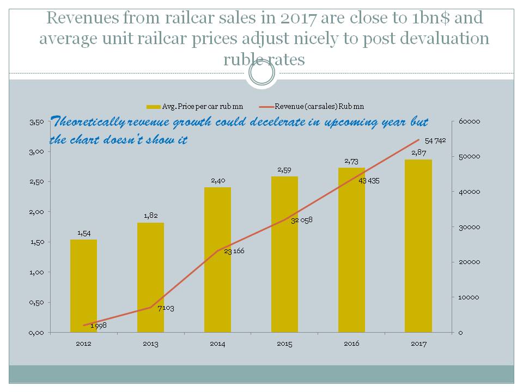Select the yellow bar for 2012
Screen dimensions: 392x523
pyautogui.click(x=83, y=286)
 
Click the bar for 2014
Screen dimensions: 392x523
pyautogui.click(x=217, y=260)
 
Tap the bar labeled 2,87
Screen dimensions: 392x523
pyautogui.click(x=418, y=246)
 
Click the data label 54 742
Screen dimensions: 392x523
pyautogui.click(x=435, y=140)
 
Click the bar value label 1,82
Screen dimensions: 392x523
pyautogui.click(x=150, y=216)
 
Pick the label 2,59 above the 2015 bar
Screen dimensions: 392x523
pyautogui.click(x=284, y=170)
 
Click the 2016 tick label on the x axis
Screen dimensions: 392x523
pyautogui.click(x=351, y=344)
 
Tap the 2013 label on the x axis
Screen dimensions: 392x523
pyautogui.click(x=150, y=344)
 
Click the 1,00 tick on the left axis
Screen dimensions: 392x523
pyautogui.click(x=36, y=272)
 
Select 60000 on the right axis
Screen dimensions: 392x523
pyautogui.click(x=469, y=122)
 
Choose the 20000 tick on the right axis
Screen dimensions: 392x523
pyautogui.click(x=469, y=262)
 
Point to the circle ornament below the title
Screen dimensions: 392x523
pyautogui.click(x=261, y=73)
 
